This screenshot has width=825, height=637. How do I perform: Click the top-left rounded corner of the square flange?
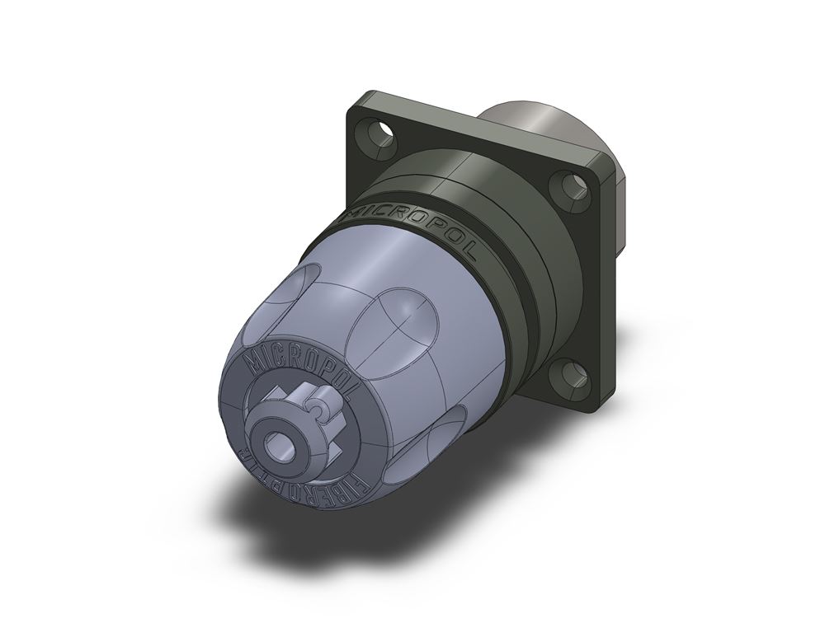pyautogui.click(x=356, y=105)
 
